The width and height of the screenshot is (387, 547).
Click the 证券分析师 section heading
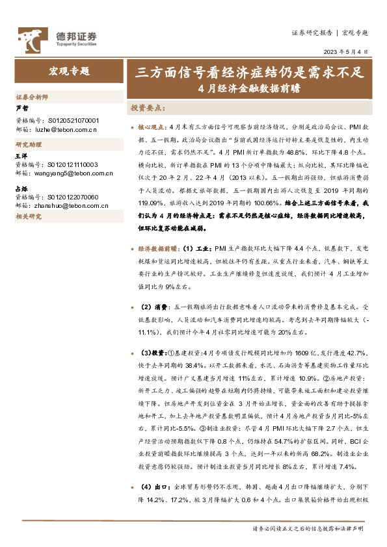pos(32,97)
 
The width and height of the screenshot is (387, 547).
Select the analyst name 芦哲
pos(23,108)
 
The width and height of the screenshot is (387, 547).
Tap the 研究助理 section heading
pos(28,145)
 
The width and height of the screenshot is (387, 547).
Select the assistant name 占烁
pos(23,188)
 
